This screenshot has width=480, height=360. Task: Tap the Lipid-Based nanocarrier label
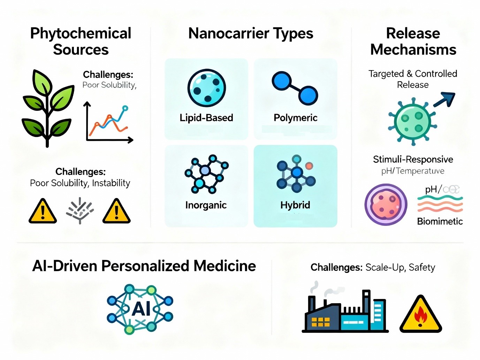click(x=206, y=118)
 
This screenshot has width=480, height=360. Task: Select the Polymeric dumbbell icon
click(x=295, y=88)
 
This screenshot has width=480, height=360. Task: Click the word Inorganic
click(x=206, y=205)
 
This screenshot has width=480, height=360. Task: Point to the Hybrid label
click(x=295, y=205)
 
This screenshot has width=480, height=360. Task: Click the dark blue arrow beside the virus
click(x=444, y=99)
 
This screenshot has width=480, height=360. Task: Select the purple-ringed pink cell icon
click(x=386, y=205)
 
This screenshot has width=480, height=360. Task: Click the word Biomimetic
click(x=440, y=221)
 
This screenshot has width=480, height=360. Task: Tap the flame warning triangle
click(x=421, y=315)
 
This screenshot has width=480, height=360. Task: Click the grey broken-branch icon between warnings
click(x=80, y=210)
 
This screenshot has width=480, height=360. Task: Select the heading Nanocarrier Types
click(x=251, y=33)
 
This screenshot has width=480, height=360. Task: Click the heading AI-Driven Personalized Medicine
click(x=144, y=266)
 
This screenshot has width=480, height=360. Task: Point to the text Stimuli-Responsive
click(x=413, y=159)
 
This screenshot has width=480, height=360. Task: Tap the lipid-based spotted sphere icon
click(x=206, y=88)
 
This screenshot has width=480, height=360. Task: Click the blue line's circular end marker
click(x=125, y=108)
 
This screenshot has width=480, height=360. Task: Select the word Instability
click(x=111, y=183)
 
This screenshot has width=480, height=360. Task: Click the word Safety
click(x=422, y=267)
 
